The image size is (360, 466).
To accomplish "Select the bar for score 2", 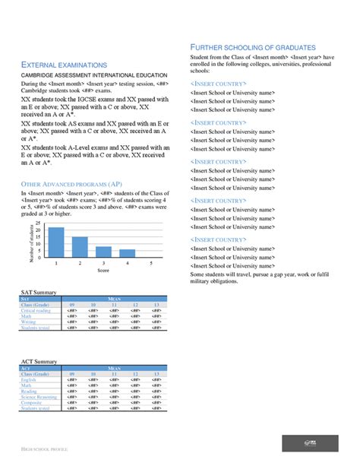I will [x=79, y=247].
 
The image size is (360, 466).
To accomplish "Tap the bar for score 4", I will [x=127, y=253].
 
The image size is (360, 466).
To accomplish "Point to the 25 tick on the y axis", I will [x=39, y=223].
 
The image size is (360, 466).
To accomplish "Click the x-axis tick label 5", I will [x=151, y=263].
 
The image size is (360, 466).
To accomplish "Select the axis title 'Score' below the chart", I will [x=103, y=270].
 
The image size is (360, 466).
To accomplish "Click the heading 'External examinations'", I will [x=64, y=65].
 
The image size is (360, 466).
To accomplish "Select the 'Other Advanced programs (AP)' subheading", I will [x=70, y=184].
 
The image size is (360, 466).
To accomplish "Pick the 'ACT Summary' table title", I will [x=38, y=361].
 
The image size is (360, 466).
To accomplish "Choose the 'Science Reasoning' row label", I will [x=39, y=397].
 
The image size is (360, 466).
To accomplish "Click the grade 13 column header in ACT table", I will [x=156, y=374].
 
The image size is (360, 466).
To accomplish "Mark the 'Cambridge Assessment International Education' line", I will [x=94, y=75].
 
